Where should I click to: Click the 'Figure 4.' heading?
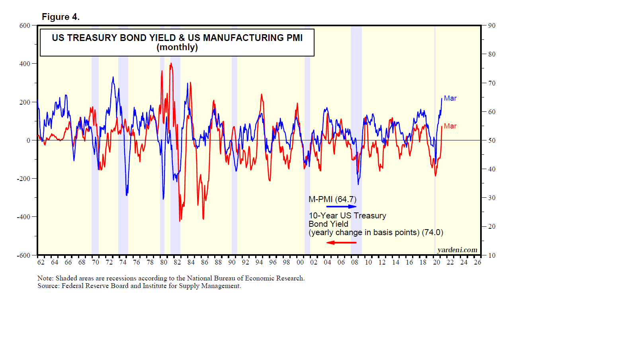61,17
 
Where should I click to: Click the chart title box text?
177,42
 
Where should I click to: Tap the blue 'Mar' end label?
450,98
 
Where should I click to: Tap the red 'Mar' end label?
450,126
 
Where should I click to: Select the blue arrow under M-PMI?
341,207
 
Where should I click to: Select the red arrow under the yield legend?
341,243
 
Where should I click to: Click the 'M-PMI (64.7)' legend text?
332,199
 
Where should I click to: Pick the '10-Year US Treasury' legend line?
347,216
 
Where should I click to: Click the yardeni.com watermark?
457,250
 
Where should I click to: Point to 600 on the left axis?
25,25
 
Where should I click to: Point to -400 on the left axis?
23,217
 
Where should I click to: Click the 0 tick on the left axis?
28,140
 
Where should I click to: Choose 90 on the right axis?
492,25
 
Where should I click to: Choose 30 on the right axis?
492,198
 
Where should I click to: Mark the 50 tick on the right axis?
492,140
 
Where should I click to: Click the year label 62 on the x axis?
41,262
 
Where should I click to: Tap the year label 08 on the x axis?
355,262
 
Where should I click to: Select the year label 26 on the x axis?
477,262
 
